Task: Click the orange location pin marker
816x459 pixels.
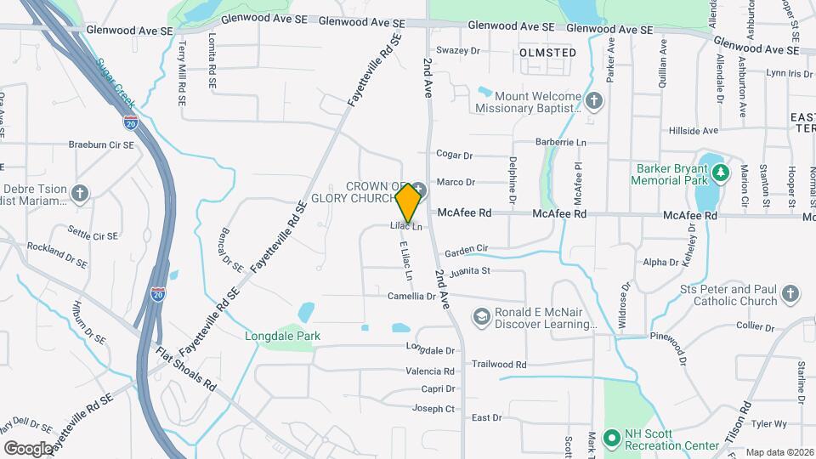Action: [408, 202]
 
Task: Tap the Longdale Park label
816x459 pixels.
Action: [282, 336]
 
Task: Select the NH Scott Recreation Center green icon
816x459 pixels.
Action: [610, 439]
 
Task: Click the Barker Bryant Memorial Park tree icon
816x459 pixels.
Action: [722, 173]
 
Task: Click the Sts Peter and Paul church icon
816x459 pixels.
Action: [790, 294]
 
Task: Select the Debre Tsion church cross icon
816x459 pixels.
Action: [81, 195]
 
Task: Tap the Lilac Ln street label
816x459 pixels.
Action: [405, 226]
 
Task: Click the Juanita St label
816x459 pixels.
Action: [474, 271]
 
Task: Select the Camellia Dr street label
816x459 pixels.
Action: [413, 297]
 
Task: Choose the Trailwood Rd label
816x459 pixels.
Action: [499, 364]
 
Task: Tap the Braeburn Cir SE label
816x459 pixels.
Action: [101, 145]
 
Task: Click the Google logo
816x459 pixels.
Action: [28, 448]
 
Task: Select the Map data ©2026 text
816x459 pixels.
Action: [779, 452]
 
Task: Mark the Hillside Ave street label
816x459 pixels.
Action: [694, 131]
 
